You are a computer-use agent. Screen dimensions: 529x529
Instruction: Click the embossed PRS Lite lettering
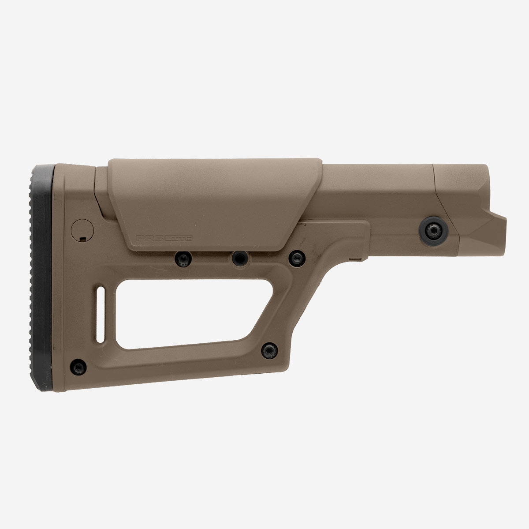coord(165,237)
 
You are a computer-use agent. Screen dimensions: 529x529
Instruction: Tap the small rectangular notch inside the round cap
coord(82,239)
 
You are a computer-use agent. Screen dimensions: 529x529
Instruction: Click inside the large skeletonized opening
coord(176,304)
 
